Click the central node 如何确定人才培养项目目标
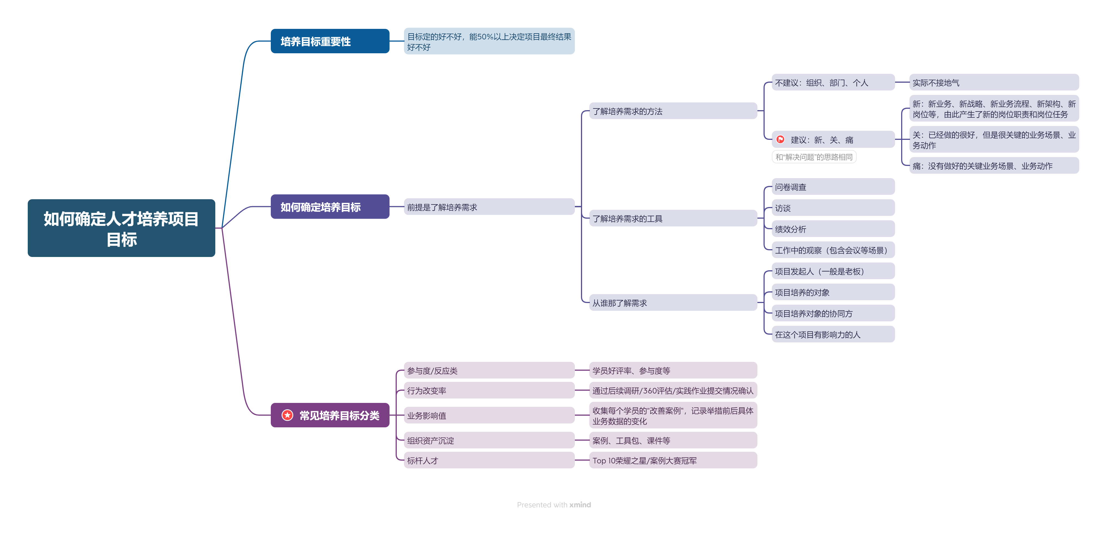[x=121, y=228]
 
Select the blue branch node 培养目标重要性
[x=330, y=41]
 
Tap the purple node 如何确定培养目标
[x=330, y=207]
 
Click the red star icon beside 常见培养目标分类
[x=287, y=415]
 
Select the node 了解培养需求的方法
[x=673, y=111]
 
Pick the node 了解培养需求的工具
[x=673, y=219]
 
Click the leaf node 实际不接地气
[x=994, y=82]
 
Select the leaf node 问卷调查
[x=833, y=187]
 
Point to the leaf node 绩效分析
[x=833, y=229]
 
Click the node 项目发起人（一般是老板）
[x=833, y=271]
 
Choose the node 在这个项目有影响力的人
[x=833, y=334]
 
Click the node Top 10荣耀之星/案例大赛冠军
[x=673, y=460]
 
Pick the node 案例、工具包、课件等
[x=673, y=440]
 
